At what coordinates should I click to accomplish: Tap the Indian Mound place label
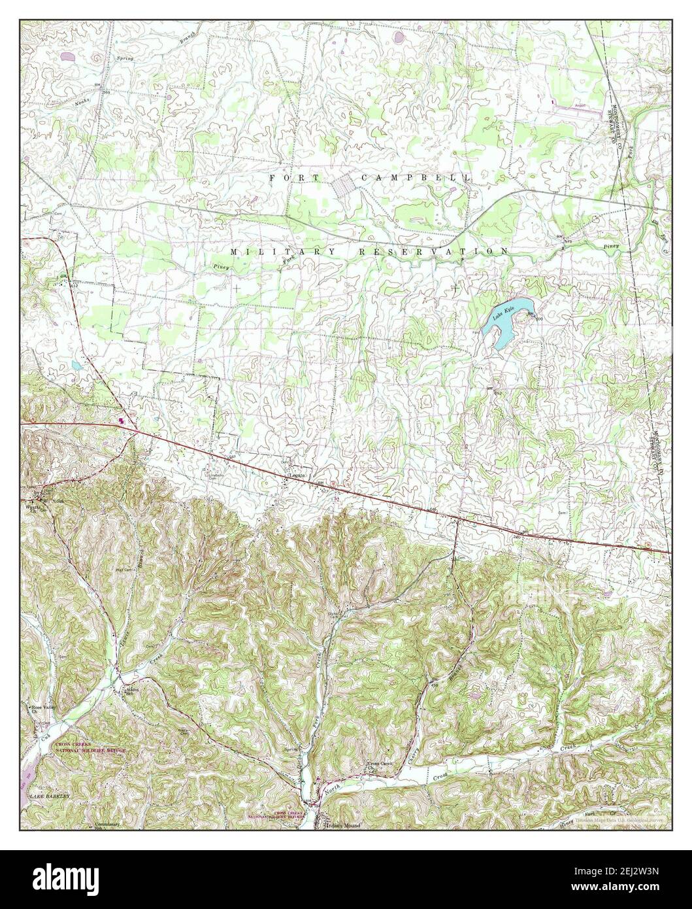tap(342, 826)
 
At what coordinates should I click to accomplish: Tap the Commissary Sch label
tap(107, 825)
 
